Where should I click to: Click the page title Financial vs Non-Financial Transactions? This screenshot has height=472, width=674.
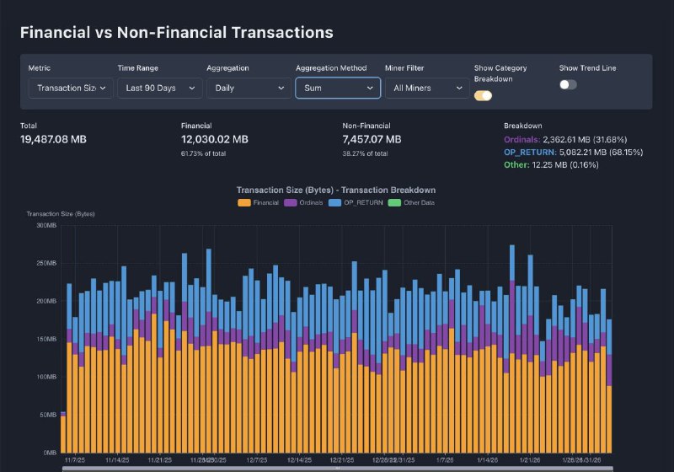click(x=176, y=33)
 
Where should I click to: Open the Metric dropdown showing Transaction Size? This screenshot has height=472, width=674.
click(x=71, y=88)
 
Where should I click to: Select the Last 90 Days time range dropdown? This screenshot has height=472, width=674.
click(x=159, y=88)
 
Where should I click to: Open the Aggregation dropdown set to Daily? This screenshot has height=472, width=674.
click(x=249, y=88)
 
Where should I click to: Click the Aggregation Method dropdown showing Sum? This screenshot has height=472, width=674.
click(x=338, y=88)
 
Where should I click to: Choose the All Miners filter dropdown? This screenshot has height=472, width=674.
click(x=426, y=88)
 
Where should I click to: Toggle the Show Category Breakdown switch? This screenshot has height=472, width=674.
click(x=484, y=95)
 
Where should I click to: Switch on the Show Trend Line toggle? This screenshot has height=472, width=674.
click(x=569, y=84)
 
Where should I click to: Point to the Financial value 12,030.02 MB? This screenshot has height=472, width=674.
click(x=215, y=139)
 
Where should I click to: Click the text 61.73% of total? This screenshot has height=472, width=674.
click(x=205, y=154)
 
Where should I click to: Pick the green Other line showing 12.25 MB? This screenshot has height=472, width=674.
click(x=540, y=165)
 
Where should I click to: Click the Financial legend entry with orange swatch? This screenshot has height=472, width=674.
click(x=259, y=202)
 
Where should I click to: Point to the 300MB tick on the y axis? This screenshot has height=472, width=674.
click(x=45, y=225)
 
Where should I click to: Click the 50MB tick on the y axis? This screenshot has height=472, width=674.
click(x=47, y=415)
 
